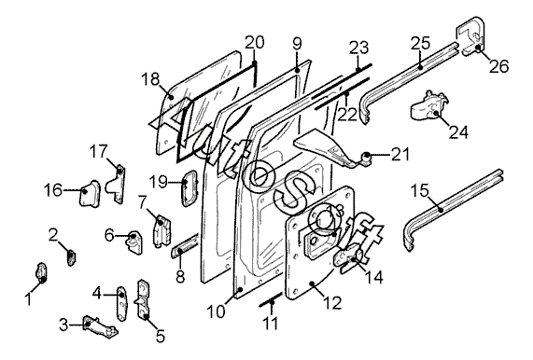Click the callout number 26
(x=498, y=65)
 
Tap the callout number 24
(x=458, y=132)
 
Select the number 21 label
(x=400, y=155)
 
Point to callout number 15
(x=420, y=190)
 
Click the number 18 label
(x=150, y=79)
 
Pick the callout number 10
(x=217, y=312)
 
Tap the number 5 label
(x=161, y=336)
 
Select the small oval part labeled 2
(x=71, y=257)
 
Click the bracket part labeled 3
(x=100, y=326)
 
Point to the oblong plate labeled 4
(x=121, y=303)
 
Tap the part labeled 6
(x=134, y=242)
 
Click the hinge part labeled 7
(x=161, y=230)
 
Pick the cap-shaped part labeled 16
(x=90, y=194)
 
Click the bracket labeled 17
(x=117, y=185)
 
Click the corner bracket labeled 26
(x=471, y=35)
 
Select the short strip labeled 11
(x=271, y=298)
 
